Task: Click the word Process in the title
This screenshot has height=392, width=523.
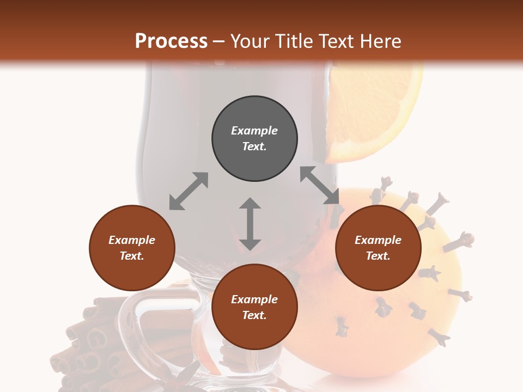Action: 171,41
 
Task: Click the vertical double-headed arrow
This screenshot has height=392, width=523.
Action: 250,224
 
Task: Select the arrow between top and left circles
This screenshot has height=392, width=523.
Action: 188,191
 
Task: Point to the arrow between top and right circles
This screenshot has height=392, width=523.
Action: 319,186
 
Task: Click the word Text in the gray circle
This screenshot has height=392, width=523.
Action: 254,146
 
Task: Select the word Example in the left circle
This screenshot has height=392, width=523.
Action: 132,240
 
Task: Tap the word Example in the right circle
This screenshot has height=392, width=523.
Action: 378,240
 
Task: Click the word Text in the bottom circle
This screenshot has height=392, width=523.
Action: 254,315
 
